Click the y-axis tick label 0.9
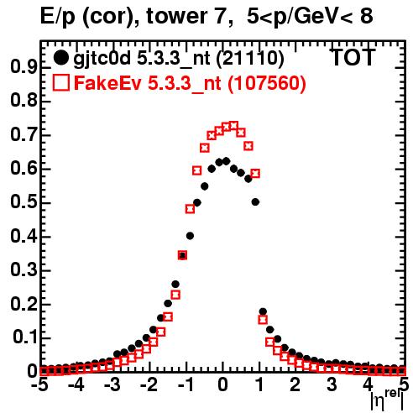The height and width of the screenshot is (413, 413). pos(24,67)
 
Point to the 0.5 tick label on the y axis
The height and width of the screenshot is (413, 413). pos(24,202)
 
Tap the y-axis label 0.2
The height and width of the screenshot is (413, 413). pos(24,304)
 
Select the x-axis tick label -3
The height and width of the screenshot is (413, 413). pos(112,385)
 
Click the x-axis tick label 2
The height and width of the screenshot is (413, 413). pos(295,385)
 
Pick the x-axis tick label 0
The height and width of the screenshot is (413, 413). pos(222,385)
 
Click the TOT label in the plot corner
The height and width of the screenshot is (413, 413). pos(353,58)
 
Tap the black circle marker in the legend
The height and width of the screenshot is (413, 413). pos(60,58)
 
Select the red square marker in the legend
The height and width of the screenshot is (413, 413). pos(61,83)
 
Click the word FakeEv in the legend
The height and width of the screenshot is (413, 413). pos(107,83)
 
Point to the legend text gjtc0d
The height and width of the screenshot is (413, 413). pos(102,59)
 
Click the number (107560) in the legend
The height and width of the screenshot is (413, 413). pos(266,83)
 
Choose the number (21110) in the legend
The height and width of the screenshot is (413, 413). pos(250,59)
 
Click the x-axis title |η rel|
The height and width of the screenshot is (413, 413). pos(387,400)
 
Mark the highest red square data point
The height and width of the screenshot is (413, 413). pos(234,125)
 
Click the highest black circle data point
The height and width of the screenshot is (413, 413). pos(226,161)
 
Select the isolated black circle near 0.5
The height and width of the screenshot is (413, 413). pos(255,201)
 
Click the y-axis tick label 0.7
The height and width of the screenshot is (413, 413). pos(24,135)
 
